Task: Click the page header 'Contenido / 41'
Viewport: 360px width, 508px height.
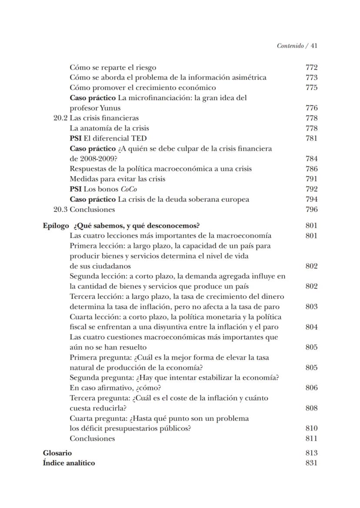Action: (x=297, y=46)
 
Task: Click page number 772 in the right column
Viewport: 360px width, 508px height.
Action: (x=311, y=67)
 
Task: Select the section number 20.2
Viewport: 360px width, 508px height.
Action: (x=60, y=118)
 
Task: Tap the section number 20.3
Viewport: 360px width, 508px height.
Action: (x=60, y=210)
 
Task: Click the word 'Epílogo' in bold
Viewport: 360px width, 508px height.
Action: (x=56, y=226)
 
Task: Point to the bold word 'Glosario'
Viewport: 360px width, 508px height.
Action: (x=57, y=453)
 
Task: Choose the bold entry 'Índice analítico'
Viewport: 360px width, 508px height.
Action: (x=69, y=463)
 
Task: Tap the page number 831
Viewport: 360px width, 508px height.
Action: (x=311, y=463)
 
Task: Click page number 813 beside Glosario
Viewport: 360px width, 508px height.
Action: (x=311, y=453)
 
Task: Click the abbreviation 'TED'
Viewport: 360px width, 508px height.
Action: (x=138, y=139)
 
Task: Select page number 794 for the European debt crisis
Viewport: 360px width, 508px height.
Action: (x=311, y=200)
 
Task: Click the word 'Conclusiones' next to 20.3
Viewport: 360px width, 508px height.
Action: (x=92, y=210)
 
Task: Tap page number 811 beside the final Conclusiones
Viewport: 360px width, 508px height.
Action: (x=311, y=438)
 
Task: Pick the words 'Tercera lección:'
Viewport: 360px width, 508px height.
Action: (x=96, y=297)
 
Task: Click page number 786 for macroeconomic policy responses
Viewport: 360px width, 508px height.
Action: (x=311, y=169)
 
